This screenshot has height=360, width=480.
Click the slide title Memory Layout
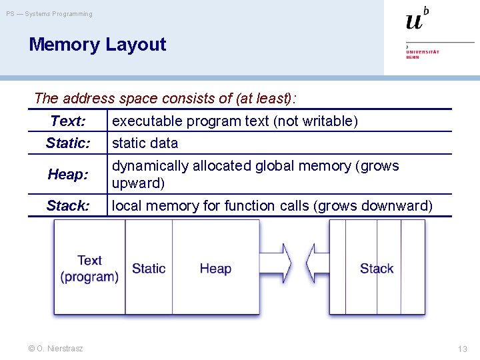[x=97, y=45]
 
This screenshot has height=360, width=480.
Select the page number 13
[x=463, y=349]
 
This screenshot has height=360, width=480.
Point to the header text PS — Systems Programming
[x=50, y=14]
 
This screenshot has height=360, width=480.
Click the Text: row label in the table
[x=68, y=121]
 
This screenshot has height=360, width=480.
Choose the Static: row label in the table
[x=68, y=143]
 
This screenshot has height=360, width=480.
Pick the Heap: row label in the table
[x=68, y=174]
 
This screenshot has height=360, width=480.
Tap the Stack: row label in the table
[x=68, y=205]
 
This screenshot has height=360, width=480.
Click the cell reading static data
[x=145, y=143]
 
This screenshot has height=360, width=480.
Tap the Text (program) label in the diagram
[x=89, y=268]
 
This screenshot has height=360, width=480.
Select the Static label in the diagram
[x=149, y=269]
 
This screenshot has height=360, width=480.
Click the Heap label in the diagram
[x=215, y=269]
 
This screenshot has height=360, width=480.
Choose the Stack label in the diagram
[x=377, y=269]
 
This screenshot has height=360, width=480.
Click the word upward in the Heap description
[x=138, y=183]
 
